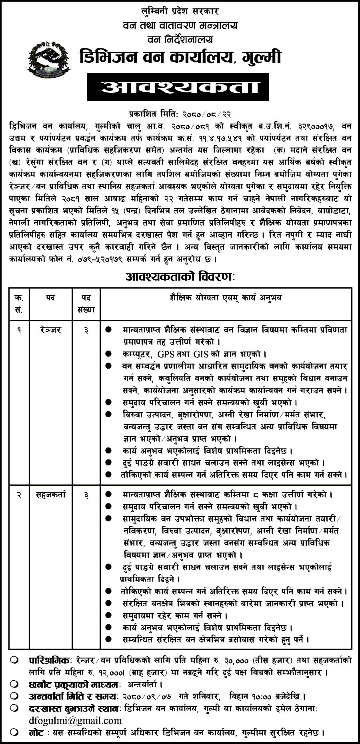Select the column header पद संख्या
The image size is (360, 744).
tap(86, 303)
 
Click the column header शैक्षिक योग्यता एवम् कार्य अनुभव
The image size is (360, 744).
tap(226, 298)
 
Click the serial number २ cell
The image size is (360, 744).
tap(19, 495)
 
